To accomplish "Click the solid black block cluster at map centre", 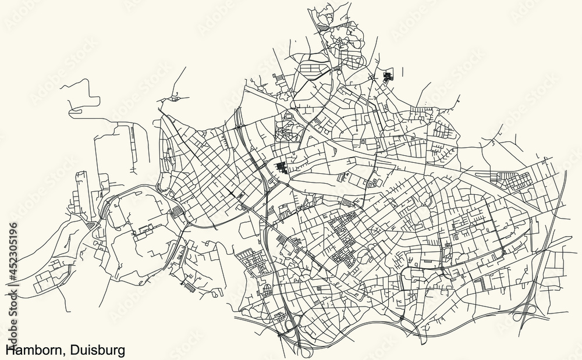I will [282, 168].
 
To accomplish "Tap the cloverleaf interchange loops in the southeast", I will [527, 315].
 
